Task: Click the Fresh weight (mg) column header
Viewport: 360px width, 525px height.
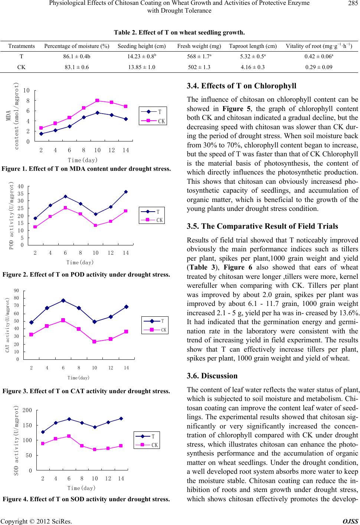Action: click(x=199, y=46)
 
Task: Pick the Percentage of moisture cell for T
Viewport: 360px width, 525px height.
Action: click(x=76, y=58)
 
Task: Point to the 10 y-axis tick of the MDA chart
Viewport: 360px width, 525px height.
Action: click(x=26, y=90)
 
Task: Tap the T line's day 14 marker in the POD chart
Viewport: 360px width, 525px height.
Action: click(x=126, y=192)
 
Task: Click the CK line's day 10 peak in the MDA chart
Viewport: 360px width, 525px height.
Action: click(x=97, y=100)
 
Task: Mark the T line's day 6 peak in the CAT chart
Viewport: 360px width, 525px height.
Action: click(x=63, y=300)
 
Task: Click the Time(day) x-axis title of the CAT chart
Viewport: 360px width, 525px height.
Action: click(x=79, y=378)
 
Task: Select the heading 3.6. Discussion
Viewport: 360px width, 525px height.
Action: click(x=212, y=376)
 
